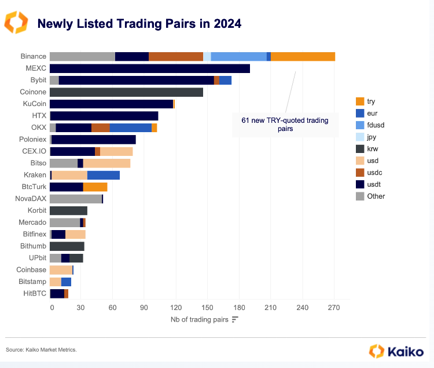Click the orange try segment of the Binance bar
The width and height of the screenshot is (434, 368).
click(x=303, y=56)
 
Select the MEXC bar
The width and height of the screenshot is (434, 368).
click(x=150, y=68)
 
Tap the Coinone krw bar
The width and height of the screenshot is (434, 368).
click(x=126, y=92)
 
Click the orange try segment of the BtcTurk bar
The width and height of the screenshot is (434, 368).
click(x=95, y=187)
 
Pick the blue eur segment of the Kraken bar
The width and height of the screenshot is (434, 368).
click(x=104, y=175)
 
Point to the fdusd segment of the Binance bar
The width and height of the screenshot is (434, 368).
click(x=238, y=56)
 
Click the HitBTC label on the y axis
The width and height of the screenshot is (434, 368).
click(x=34, y=294)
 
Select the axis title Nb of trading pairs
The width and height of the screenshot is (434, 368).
click(x=200, y=319)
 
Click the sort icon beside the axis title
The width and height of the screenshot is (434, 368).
click(x=234, y=319)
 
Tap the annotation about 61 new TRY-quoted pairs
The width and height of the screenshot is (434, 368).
click(x=285, y=125)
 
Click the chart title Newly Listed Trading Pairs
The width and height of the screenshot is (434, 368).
click(x=139, y=24)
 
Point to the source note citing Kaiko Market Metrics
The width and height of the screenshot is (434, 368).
click(x=41, y=349)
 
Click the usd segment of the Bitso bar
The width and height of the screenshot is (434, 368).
click(x=106, y=163)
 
